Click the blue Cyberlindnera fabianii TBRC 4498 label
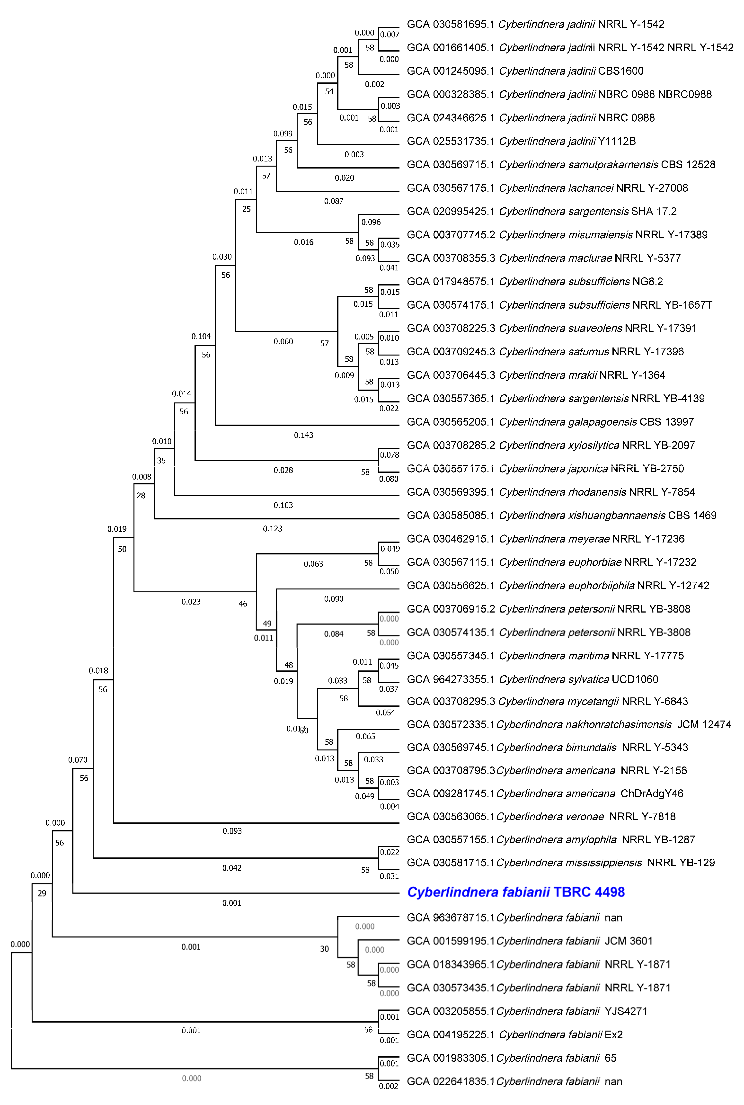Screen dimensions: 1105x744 click(x=516, y=892)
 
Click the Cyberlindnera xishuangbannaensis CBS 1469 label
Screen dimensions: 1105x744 click(x=561, y=515)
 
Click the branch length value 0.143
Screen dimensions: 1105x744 click(x=304, y=435)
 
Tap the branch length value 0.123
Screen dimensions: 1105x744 click(x=272, y=528)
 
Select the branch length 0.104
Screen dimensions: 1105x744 click(x=201, y=336)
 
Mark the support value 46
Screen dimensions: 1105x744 click(x=243, y=604)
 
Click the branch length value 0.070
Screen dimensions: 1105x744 click(x=78, y=760)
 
